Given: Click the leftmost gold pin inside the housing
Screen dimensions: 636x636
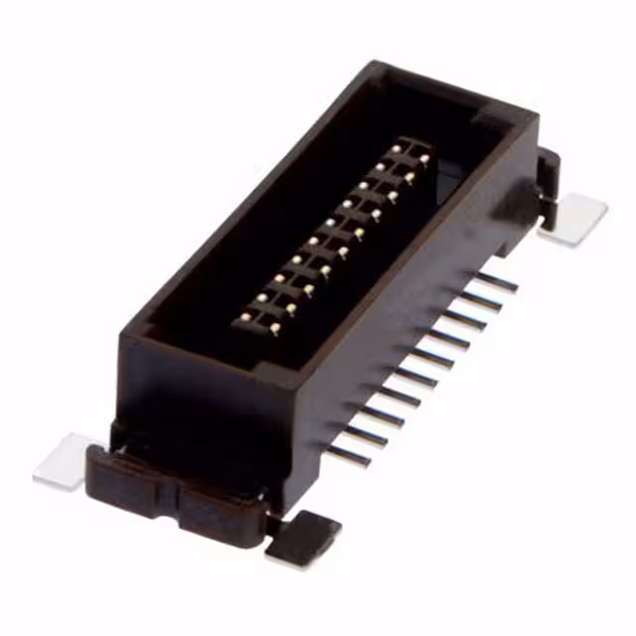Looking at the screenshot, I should pos(244,317).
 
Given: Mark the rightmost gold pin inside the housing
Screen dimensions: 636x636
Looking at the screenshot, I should pos(424,159).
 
